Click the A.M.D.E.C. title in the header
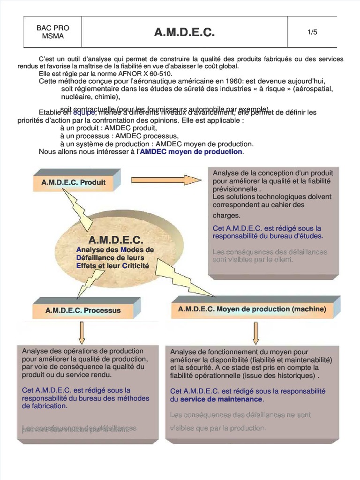[184, 32]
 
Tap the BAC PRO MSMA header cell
[52, 32]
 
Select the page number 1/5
[312, 32]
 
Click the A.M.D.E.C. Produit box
[74, 182]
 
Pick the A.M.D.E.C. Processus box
[83, 310]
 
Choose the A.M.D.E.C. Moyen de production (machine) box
[252, 309]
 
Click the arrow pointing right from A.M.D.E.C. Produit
[166, 180]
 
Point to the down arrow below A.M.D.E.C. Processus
[81, 333]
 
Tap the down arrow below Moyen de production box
[256, 333]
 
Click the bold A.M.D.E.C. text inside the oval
[115, 240]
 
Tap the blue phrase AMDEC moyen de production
[191, 152]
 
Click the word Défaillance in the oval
[97, 258]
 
